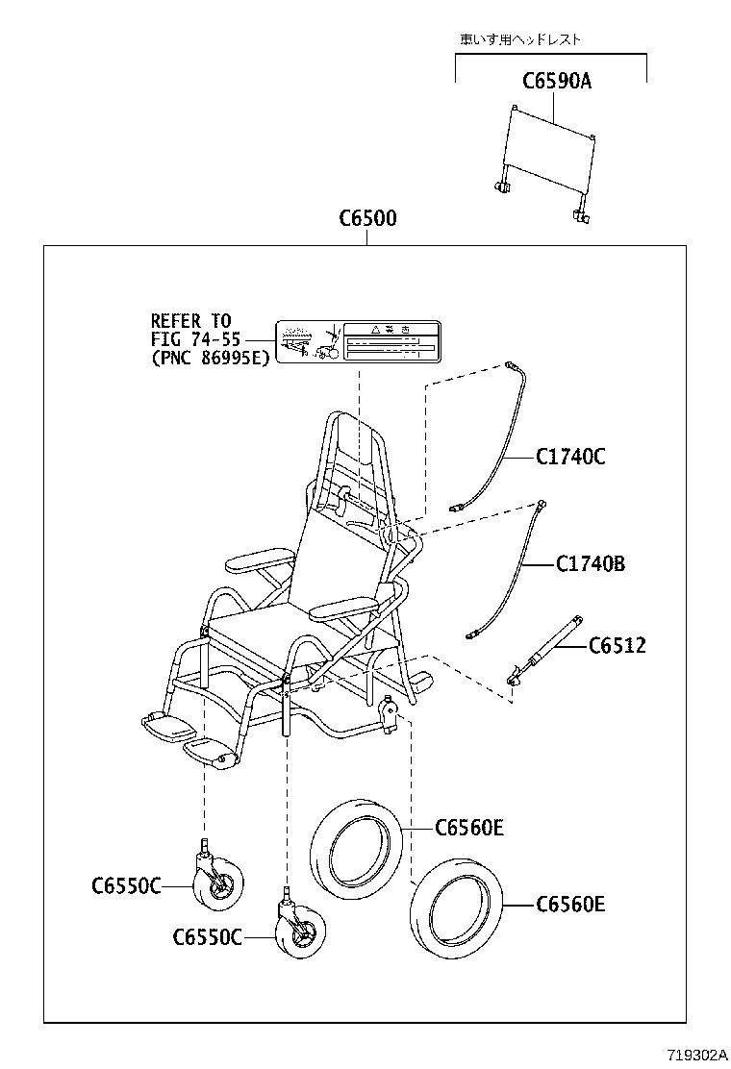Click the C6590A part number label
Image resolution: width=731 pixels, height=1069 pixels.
[x=557, y=82]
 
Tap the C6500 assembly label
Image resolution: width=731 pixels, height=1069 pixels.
[x=367, y=219]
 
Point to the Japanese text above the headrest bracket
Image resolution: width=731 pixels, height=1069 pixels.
[x=520, y=40]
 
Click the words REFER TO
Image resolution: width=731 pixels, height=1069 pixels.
[x=190, y=321]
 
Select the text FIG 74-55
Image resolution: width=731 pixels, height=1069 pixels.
[x=196, y=339]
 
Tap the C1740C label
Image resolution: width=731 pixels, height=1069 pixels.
[x=570, y=457]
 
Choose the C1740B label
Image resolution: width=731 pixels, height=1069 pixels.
[x=590, y=563]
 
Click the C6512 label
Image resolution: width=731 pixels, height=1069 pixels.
[x=617, y=645]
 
